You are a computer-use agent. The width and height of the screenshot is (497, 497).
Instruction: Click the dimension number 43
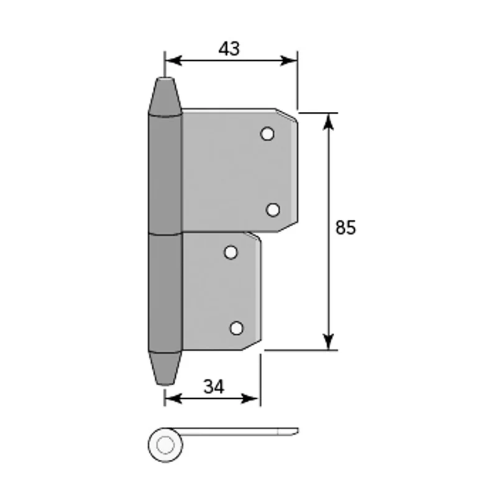(229, 48)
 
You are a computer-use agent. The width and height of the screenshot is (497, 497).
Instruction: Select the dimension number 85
(345, 227)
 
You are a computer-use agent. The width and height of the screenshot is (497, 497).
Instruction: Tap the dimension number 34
(214, 386)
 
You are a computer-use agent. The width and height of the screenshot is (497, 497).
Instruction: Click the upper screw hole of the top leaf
(267, 134)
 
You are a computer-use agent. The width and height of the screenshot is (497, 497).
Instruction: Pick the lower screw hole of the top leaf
(273, 210)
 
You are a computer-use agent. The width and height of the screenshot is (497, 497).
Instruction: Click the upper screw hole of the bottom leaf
(230, 253)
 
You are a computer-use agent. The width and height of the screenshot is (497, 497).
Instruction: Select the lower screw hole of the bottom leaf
(237, 328)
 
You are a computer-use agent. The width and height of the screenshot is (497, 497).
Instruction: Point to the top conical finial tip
(165, 78)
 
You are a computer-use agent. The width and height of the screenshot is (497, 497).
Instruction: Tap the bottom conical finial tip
(165, 384)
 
